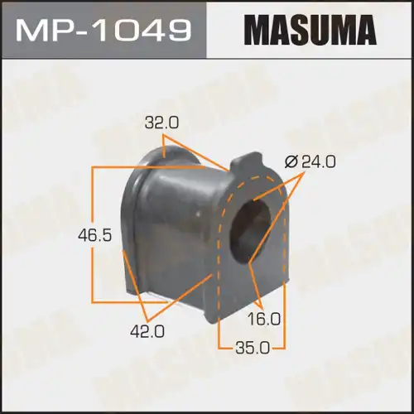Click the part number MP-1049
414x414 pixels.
[104, 31]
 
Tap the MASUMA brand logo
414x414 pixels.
[310, 31]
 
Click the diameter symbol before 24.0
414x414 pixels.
[290, 163]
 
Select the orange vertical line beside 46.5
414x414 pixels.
[92, 235]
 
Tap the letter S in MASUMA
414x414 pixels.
[301, 31]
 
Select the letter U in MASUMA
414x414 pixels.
[320, 31]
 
